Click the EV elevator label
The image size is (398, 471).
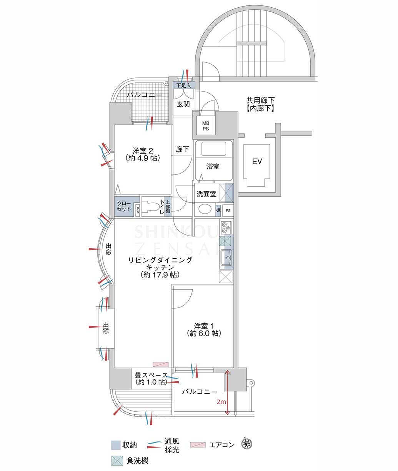point(257,161)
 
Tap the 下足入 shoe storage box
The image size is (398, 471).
point(184,85)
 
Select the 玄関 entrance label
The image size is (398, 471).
point(183,104)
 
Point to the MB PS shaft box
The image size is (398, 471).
point(206,126)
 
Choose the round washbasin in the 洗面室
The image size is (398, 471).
point(205,209)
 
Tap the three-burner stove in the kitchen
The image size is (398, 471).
point(226,227)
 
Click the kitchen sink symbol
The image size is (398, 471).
point(226,257)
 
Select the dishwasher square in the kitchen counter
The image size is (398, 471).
point(225,241)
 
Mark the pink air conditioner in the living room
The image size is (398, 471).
point(160,364)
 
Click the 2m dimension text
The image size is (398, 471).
point(221,402)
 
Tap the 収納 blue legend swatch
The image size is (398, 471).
point(116,445)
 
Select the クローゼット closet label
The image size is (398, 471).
point(124,206)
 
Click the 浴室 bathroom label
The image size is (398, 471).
point(213,167)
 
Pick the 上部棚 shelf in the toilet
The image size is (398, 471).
point(168,206)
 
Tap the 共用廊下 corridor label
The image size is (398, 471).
point(260,100)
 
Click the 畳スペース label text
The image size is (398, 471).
point(151,375)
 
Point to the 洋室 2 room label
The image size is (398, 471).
point(143,150)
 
